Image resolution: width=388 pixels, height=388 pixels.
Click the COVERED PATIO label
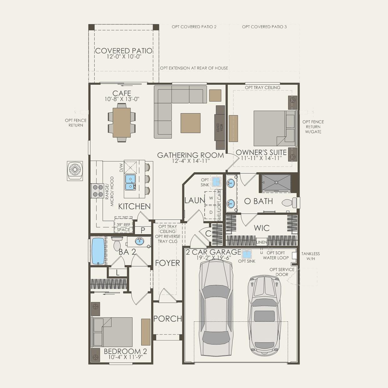pos(124,51)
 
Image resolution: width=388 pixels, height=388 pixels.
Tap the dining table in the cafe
pos(121,123)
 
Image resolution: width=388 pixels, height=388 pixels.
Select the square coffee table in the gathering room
pos(191,123)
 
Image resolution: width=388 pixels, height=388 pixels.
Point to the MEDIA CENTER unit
pos(220,127)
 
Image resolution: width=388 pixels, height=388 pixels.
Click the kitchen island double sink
pos(130,182)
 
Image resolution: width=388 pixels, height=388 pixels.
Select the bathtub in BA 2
pos(98,251)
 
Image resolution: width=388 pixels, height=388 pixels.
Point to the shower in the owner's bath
pos(276,183)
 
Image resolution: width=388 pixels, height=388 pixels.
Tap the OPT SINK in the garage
pos(246,254)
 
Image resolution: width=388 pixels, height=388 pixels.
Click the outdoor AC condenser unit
pos(75,171)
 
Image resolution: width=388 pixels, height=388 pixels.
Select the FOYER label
pos(167,263)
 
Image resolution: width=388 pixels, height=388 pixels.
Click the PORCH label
pos(168,319)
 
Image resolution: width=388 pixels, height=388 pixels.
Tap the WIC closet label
pos(262,228)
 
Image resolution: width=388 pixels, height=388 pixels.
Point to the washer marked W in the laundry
pos(211,198)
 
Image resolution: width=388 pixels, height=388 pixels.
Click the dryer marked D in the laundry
pos(211,212)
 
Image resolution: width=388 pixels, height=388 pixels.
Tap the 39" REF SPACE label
pos(123,227)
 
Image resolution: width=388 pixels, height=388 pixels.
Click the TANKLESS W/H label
pos(310,256)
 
